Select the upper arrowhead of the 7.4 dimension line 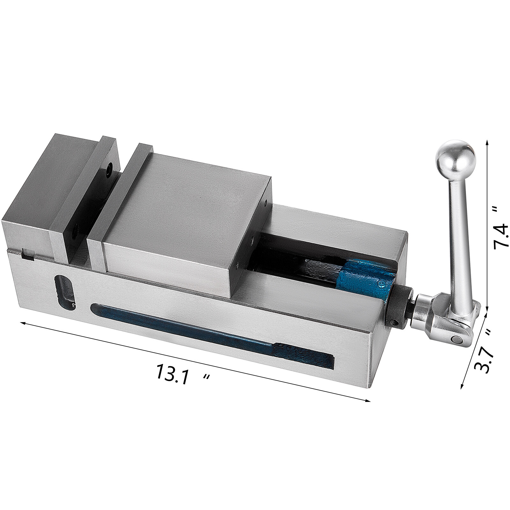coord(487,142)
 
